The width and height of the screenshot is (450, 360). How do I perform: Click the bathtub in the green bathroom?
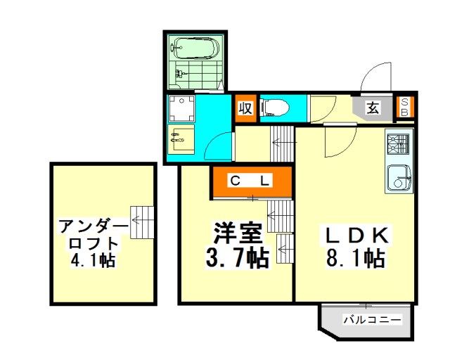[x=195, y=47]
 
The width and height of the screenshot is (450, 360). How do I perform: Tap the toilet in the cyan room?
[x=274, y=108]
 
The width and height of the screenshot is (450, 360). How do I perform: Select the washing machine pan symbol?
[x=181, y=108]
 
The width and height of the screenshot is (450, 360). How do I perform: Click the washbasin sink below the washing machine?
[x=181, y=139]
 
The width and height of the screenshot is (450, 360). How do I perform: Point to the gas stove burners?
[x=397, y=144]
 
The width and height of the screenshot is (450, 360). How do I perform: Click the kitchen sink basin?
[x=398, y=177]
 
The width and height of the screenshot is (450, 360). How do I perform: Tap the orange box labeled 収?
[x=245, y=108]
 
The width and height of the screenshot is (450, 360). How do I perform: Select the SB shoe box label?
[x=404, y=107]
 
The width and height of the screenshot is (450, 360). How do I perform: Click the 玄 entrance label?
[x=373, y=108]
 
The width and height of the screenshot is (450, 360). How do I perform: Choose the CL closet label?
[x=250, y=181]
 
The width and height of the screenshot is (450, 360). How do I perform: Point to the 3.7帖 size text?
[x=238, y=257]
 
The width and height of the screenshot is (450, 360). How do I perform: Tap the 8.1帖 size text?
[x=355, y=257]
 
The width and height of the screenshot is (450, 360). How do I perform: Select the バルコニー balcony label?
[x=373, y=319]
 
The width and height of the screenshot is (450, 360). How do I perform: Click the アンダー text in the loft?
[x=94, y=226]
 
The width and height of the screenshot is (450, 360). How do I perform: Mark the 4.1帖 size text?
[x=93, y=260]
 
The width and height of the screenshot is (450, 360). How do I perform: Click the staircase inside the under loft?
[x=142, y=222]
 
